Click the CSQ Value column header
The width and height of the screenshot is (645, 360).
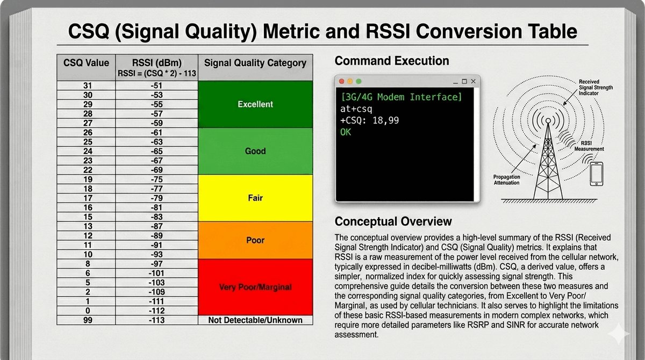coord(86,63)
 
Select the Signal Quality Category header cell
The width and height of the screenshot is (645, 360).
coord(255,63)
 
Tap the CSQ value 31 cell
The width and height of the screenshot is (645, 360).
coord(88,85)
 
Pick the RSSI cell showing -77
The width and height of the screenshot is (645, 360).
coord(156,189)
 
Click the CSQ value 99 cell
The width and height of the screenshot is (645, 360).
coord(88,320)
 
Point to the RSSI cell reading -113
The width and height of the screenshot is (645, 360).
coord(156,320)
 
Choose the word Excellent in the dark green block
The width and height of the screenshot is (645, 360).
coord(255,104)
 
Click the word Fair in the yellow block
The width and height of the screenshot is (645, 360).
coord(255,198)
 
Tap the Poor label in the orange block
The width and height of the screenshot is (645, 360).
coord(255,240)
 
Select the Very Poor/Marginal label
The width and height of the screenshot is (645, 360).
coord(255,287)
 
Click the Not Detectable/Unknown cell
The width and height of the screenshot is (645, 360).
coord(255,320)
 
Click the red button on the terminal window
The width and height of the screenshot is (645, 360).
coord(342,82)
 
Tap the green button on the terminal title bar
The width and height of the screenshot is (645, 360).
coord(359,82)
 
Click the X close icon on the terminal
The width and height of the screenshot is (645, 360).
coord(473,82)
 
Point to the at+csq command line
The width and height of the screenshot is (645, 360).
coord(356,109)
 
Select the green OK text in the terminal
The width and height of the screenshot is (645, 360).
coord(346,132)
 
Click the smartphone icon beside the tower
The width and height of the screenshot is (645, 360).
coord(596,174)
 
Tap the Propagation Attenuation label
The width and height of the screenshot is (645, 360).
coord(506,180)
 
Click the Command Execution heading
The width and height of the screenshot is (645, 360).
coord(392,61)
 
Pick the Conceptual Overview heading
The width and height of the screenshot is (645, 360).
coord(393,221)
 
